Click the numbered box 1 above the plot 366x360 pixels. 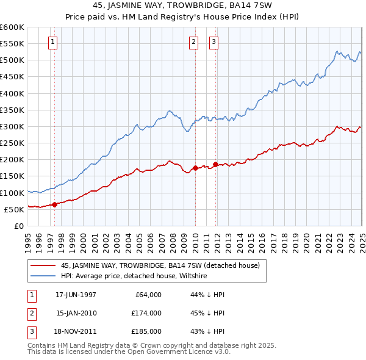(53, 42)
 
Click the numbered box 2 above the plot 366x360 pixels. (193, 42)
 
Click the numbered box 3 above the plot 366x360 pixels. (214, 42)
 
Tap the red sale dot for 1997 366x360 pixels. (54, 204)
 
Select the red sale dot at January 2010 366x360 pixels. (195, 168)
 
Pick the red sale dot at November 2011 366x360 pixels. (215, 164)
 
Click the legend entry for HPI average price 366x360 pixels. (134, 276)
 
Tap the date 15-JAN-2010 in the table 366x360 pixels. (76, 313)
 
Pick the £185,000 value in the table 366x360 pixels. (146, 331)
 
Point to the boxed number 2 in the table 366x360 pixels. (31, 313)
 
